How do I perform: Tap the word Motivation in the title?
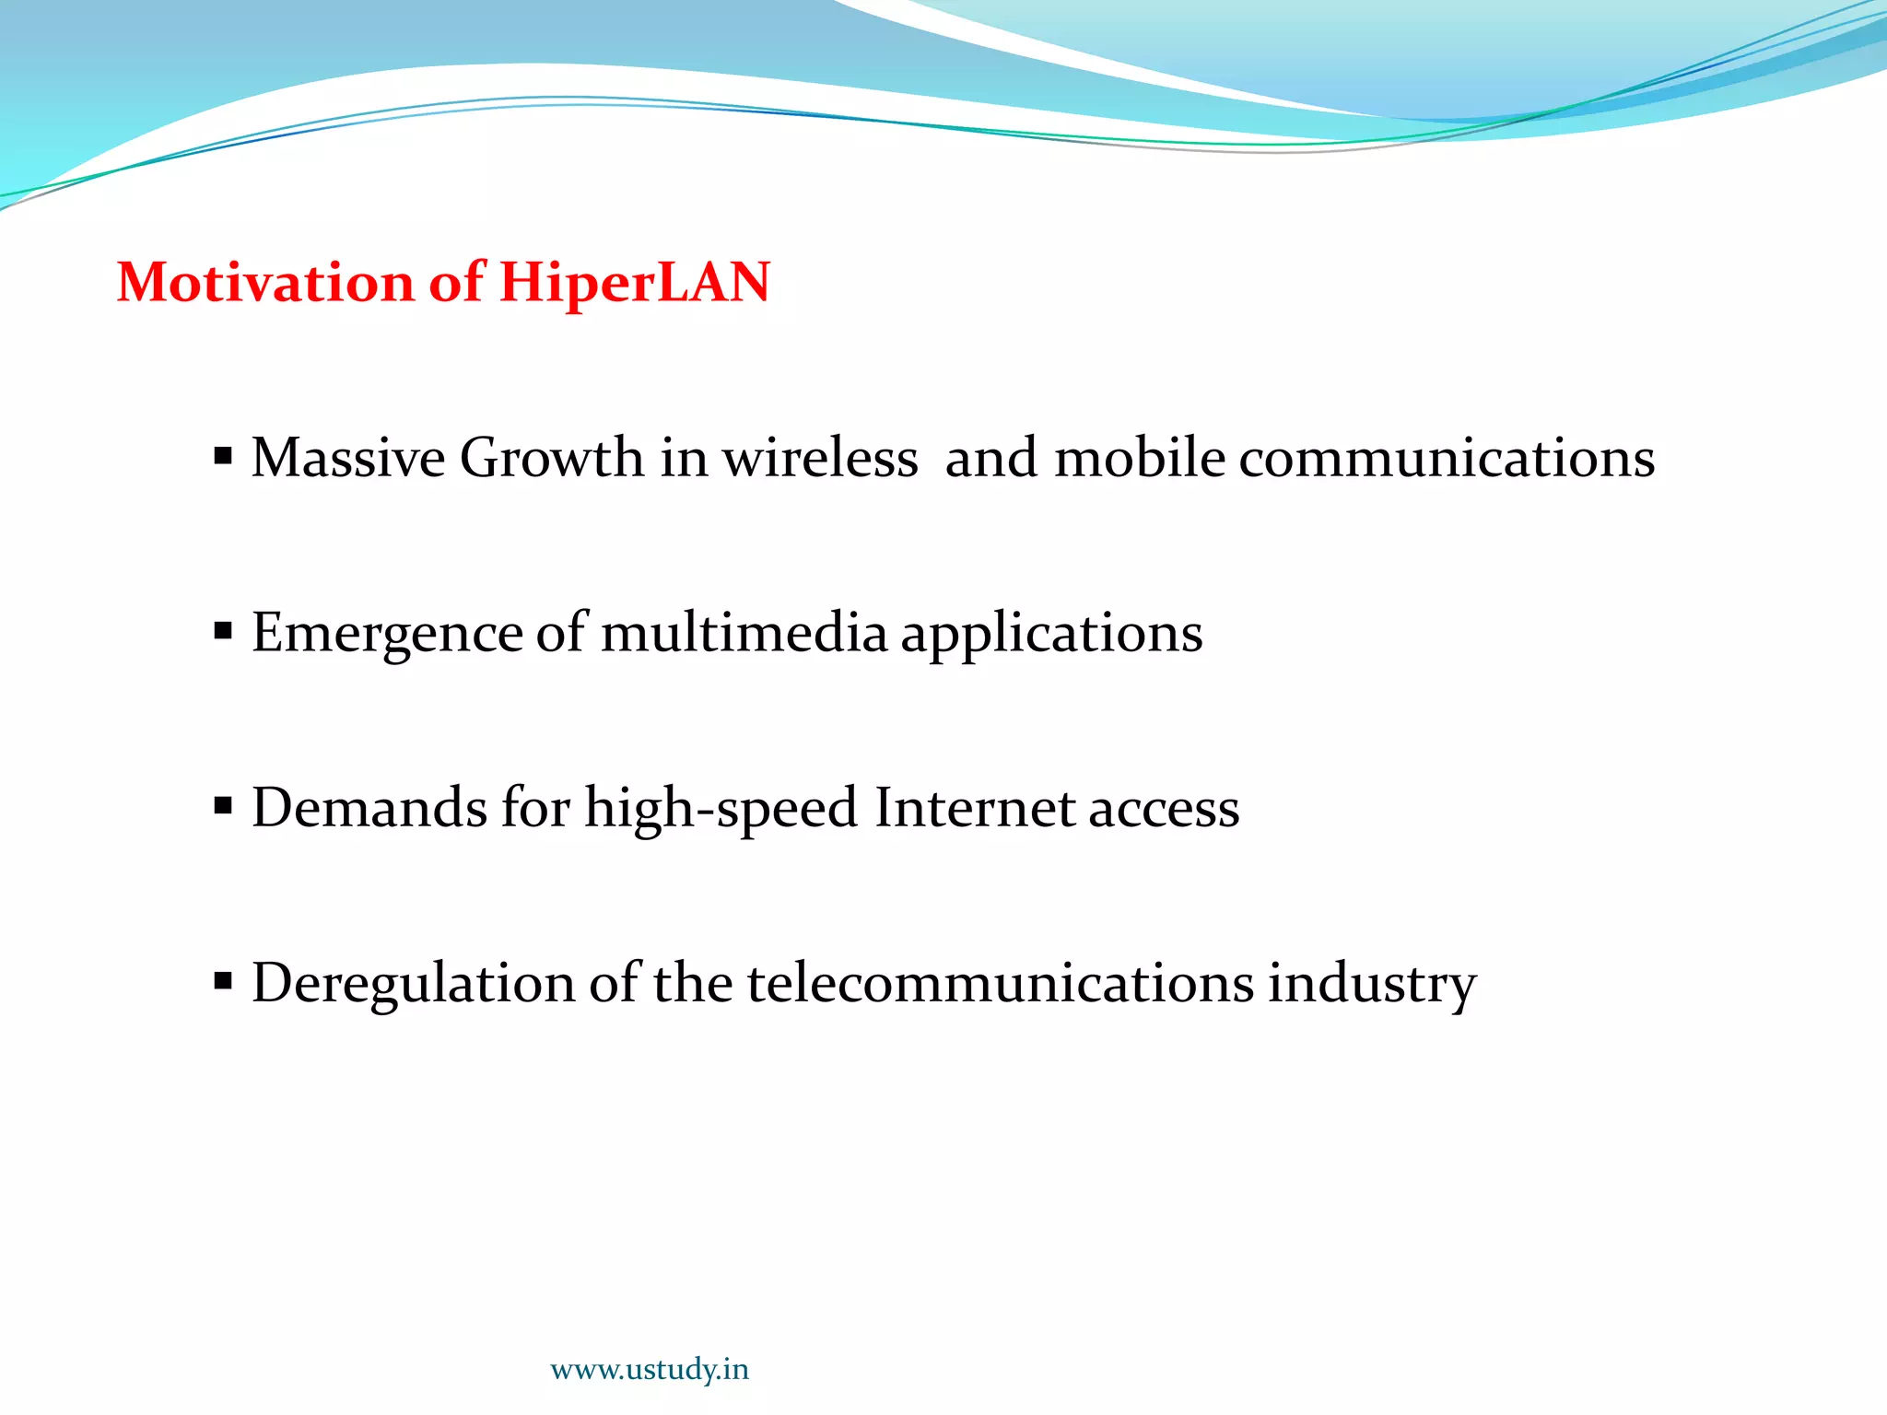point(265,282)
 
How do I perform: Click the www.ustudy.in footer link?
point(650,1370)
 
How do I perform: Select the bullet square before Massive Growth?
point(223,456)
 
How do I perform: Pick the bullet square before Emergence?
point(223,631)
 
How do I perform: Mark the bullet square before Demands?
point(223,806)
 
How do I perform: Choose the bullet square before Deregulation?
point(223,981)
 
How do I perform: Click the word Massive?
point(348,457)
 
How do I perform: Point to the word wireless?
point(819,457)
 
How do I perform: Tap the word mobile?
point(1139,457)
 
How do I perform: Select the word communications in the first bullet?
point(1447,457)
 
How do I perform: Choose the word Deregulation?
point(413,984)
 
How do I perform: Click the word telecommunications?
point(1000,982)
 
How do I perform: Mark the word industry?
point(1372,984)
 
